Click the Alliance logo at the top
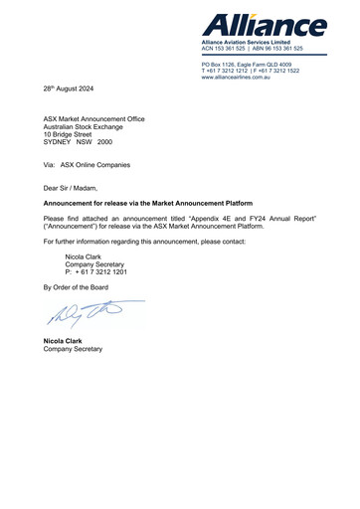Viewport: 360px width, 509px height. coord(264,25)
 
